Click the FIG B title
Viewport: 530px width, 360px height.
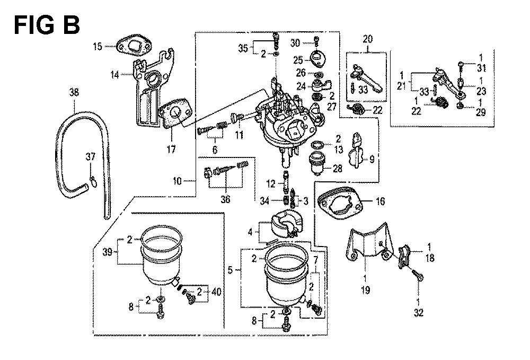pos(47,25)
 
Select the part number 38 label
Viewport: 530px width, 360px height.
pos(74,92)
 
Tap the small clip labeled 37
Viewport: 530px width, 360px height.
pos(93,181)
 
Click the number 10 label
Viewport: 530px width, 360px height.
pos(178,181)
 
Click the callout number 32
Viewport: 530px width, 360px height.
pos(419,313)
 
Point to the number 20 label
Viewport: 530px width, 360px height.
pos(368,39)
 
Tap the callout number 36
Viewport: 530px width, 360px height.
pos(225,199)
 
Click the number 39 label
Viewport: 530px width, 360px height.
pos(107,252)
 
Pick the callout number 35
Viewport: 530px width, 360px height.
pos(243,48)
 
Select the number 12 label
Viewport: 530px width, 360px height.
pos(271,184)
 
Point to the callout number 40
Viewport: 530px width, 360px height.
pos(216,291)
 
